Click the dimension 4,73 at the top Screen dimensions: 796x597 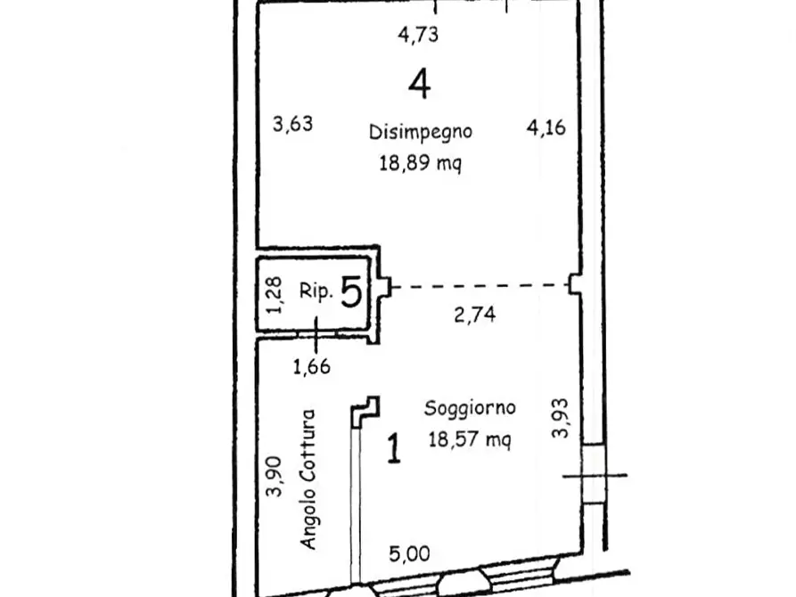click(418, 35)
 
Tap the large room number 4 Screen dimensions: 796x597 click(419, 85)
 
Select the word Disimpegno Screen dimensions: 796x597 click(421, 132)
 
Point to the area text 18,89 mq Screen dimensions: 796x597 click(421, 163)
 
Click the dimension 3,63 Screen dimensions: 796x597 click(292, 124)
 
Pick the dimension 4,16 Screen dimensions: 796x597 click(546, 127)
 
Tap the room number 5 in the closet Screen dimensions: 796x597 click(351, 292)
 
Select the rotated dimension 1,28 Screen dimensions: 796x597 click(275, 295)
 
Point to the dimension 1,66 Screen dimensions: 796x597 click(312, 366)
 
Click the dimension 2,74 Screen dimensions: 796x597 click(474, 315)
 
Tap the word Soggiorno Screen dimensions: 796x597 click(470, 409)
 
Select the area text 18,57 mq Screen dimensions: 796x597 click(470, 439)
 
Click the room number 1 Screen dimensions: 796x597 click(394, 448)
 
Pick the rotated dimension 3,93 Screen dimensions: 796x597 click(560, 418)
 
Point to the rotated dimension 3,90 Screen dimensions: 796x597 click(275, 476)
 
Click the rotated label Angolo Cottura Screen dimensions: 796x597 click(308, 479)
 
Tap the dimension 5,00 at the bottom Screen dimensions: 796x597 click(409, 554)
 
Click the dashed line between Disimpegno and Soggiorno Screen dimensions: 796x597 click(480, 286)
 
